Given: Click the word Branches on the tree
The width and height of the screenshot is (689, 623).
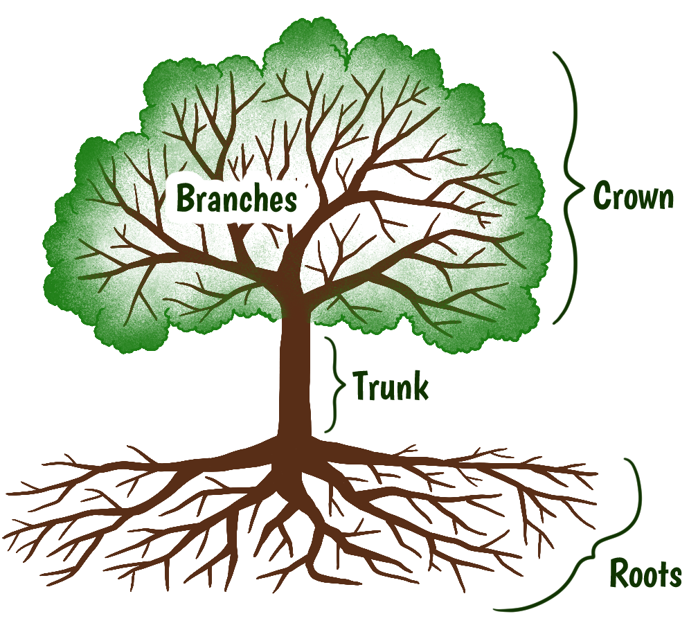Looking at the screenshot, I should click(237, 199).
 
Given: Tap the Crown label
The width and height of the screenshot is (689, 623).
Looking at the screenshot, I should click(633, 197).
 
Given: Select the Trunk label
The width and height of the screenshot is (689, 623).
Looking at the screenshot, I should click(391, 386).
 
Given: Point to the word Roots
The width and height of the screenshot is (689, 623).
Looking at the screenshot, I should click(645, 574).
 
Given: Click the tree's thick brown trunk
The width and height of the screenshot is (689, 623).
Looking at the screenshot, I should click(295, 374).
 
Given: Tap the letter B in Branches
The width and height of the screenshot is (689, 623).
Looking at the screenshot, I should click(185, 199).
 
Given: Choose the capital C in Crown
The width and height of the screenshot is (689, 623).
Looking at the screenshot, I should click(601, 197).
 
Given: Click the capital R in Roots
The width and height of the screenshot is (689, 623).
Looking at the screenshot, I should click(619, 574).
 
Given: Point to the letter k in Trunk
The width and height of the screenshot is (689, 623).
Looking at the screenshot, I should click(420, 386).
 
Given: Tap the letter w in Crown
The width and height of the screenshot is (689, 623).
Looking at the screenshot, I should click(646, 198).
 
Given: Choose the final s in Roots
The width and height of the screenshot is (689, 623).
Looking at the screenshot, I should click(674, 576).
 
